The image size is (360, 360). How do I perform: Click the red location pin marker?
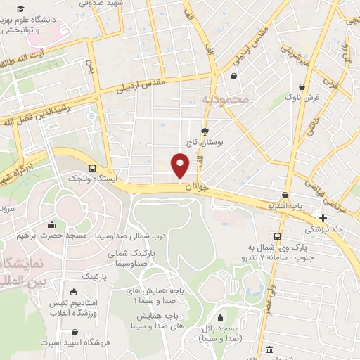tap(180, 165)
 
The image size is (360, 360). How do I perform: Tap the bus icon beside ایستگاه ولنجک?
tap(93, 167)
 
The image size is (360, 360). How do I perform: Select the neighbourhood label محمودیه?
tap(226, 100)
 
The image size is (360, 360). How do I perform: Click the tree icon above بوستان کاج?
tap(205, 131)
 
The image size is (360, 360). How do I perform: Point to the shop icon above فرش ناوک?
tap(302, 87)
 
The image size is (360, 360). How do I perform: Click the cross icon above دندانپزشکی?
tap(323, 218)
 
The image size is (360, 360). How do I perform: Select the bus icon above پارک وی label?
tap(278, 236)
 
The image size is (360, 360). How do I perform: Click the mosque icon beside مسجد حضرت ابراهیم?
tap(51, 225)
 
